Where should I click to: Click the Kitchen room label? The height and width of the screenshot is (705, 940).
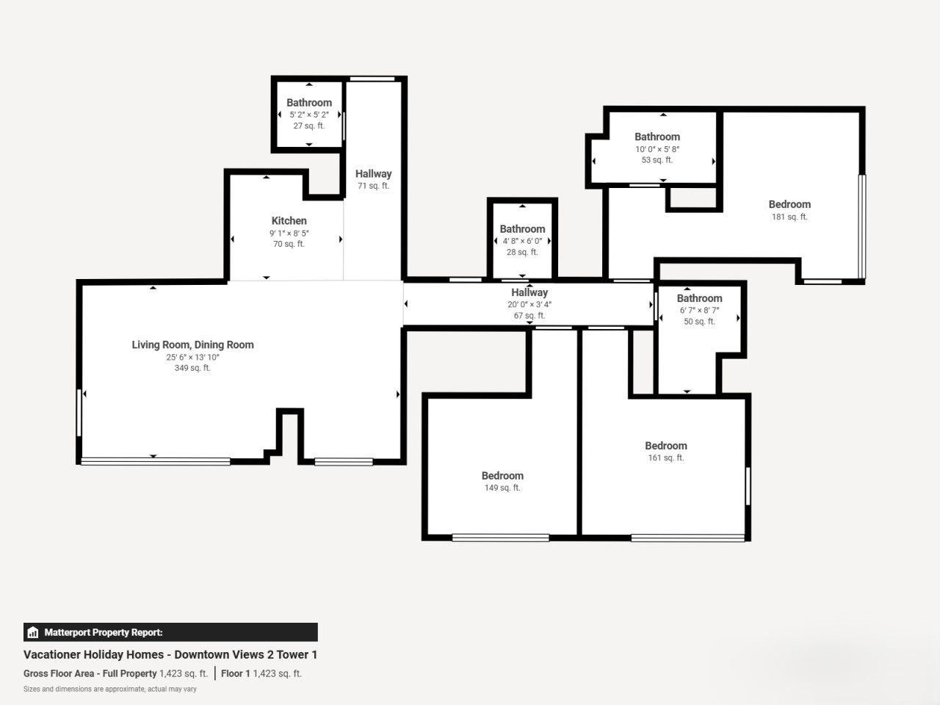289,221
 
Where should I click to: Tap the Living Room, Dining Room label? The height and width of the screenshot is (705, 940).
192,345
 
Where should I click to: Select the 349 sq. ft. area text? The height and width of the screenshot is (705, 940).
192,368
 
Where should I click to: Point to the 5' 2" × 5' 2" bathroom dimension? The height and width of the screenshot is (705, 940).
309,115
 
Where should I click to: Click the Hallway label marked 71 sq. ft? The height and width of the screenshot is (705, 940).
374,174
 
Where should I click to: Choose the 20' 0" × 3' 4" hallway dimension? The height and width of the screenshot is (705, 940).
529,304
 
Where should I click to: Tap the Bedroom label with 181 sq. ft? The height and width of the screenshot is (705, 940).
789,205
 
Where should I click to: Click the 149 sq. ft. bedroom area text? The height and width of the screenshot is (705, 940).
502,488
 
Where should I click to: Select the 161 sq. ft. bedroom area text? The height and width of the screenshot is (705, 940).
666,458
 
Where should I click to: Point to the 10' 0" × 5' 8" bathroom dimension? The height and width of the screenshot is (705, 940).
657,149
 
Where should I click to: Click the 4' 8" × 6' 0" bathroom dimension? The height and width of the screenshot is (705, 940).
522,241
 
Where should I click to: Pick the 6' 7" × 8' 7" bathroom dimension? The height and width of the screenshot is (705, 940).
699,311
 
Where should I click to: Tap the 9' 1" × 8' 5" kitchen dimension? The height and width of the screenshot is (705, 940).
289,234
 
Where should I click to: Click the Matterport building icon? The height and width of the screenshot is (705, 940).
33,632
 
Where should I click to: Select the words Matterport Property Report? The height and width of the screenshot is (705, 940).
104,632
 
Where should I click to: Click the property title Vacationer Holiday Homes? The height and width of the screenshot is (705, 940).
94,654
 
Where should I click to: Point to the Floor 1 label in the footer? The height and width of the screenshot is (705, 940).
236,673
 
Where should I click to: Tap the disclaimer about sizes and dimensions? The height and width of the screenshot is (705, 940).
110,689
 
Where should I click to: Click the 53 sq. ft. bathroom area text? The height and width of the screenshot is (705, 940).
657,160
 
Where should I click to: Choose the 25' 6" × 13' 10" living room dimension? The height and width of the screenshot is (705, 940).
192,358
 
